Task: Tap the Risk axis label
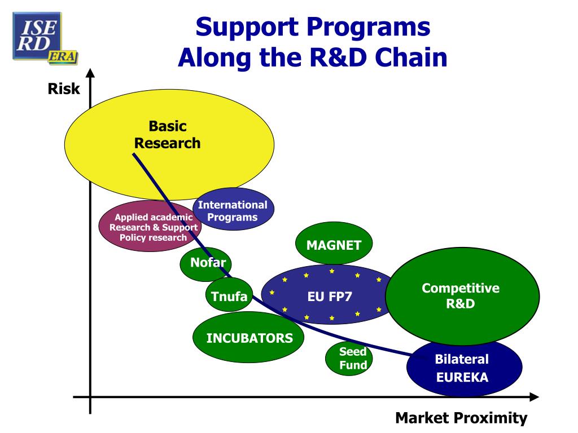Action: pos(64,89)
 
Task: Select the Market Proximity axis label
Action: pos(461,418)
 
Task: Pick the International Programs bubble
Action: pos(233,210)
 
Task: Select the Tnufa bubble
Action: pos(229,295)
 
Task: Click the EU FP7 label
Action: pos(330,295)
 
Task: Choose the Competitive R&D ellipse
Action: pos(461,297)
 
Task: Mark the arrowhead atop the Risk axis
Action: pos(90,73)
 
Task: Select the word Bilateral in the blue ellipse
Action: pos(462,359)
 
